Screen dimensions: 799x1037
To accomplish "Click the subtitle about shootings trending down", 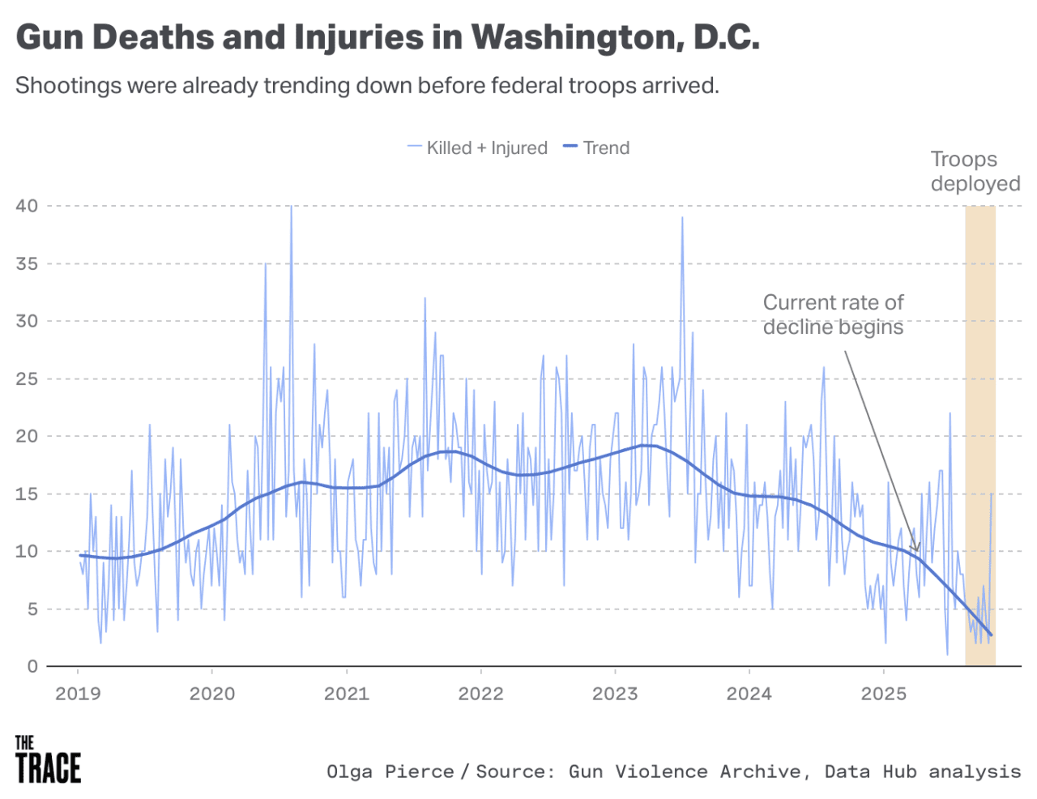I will coord(367,85).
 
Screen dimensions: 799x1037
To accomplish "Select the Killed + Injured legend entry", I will coord(478,147).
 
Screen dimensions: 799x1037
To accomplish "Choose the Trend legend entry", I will coord(597,147).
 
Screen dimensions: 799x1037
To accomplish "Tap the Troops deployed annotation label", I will coord(975,171).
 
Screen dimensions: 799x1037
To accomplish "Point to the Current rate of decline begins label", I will coord(833,314).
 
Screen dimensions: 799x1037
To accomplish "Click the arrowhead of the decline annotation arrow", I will coord(916,549).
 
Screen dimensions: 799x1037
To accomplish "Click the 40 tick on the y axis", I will coord(27,206).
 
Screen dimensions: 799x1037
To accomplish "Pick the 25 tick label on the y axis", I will coord(27,378).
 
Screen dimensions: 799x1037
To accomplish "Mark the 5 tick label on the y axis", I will coord(32,609).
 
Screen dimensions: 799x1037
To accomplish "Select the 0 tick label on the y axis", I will coord(32,666).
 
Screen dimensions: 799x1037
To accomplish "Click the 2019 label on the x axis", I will coord(78,694).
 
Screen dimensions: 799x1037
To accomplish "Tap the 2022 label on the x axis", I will coord(481,694).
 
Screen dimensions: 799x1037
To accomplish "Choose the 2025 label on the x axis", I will coord(884,694).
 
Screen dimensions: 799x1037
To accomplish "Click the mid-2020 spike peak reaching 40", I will coord(291,207).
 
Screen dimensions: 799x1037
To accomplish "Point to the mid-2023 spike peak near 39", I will coord(682,218).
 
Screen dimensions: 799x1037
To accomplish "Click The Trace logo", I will coord(48,760).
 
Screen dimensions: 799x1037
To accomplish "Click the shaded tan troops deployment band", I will coord(980,405).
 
